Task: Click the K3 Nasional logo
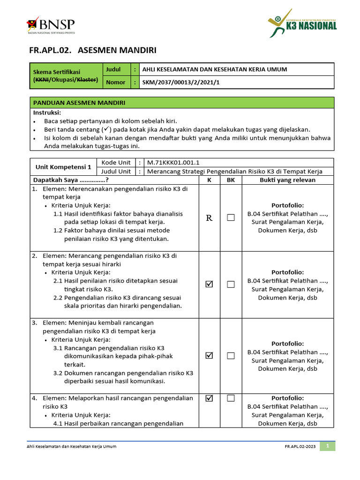[x=302, y=23]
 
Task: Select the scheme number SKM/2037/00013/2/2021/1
[x=180, y=82]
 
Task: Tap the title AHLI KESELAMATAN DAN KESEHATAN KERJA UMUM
[x=215, y=69]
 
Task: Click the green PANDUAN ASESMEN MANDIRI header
[x=79, y=103]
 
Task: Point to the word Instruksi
[x=47, y=112]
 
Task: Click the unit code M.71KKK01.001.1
[x=173, y=163]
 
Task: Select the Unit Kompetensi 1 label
[x=63, y=167]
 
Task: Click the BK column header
[x=231, y=180]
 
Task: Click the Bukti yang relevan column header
[x=287, y=180]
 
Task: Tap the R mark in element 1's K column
[x=209, y=218]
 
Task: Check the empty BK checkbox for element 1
[x=231, y=218]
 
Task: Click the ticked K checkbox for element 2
[x=209, y=285]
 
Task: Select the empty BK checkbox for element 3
[x=231, y=356]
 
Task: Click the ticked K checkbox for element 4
[x=209, y=398]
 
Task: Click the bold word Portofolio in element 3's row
[x=287, y=344]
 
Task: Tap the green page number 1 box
[x=328, y=446]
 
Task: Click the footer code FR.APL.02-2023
[x=300, y=447]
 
